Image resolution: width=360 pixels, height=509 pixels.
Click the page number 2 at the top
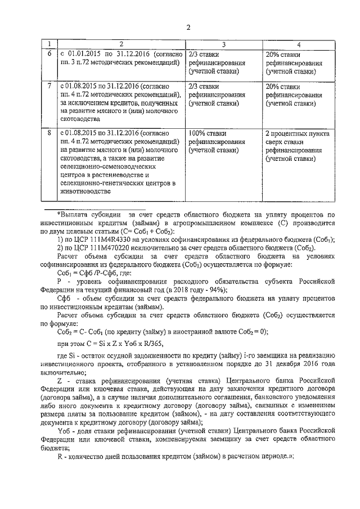[188, 28]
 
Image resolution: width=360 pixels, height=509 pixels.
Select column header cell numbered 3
[223, 44]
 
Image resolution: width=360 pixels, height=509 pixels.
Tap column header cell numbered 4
[299, 44]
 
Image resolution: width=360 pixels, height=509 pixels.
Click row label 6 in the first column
[49, 53]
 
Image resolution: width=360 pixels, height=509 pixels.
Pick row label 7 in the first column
[49, 86]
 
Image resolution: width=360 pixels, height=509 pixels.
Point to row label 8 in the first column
[49, 133]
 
